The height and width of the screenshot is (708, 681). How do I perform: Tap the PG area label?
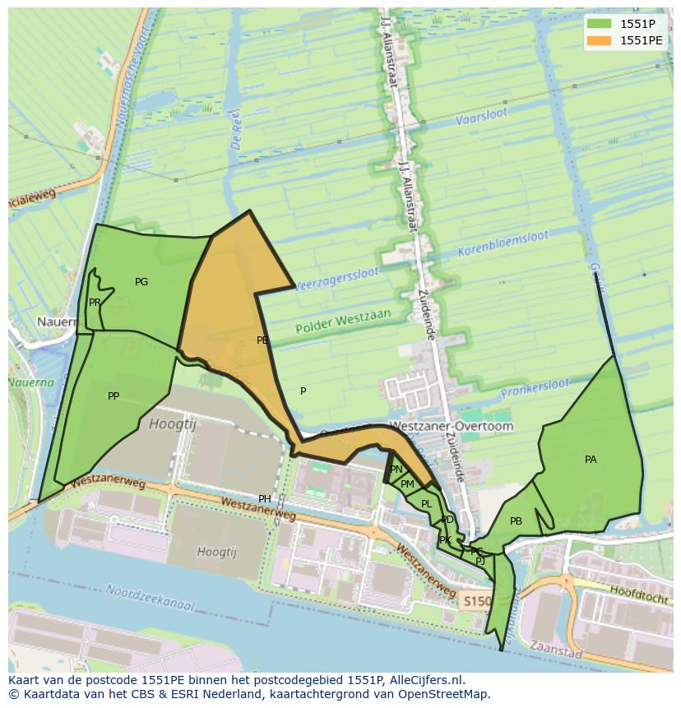[141, 282]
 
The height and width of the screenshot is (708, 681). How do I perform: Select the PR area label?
[95, 303]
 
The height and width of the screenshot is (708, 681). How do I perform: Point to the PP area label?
[113, 396]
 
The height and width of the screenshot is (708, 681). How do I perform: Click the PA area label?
[591, 460]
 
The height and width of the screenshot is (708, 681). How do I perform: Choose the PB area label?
[516, 521]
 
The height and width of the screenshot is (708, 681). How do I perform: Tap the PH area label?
[265, 499]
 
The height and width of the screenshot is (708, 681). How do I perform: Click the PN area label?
[396, 470]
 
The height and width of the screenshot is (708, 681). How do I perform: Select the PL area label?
[426, 504]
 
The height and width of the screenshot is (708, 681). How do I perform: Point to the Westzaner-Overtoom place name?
[450, 427]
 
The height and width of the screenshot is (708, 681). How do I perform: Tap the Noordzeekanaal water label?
[150, 598]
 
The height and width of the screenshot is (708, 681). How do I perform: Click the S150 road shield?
[475, 601]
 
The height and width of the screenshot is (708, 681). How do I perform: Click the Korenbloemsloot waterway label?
[503, 242]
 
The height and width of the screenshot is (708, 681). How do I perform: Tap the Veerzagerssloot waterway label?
[336, 278]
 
